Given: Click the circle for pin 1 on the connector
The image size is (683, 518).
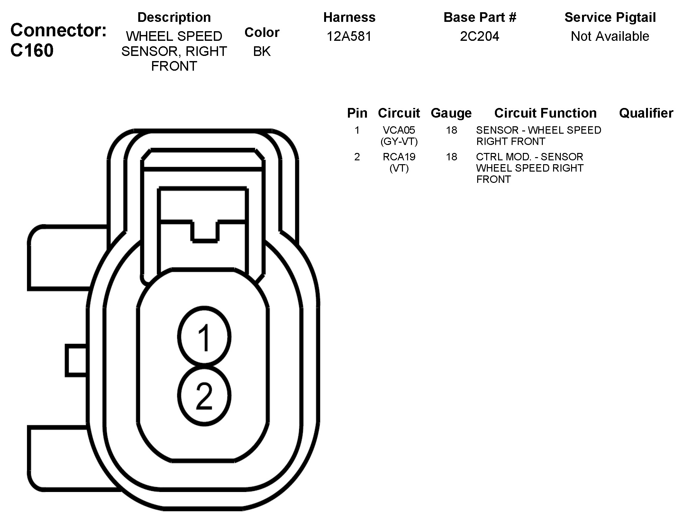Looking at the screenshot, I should click(x=204, y=337).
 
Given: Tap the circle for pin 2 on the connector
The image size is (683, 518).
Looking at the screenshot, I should click(x=204, y=396).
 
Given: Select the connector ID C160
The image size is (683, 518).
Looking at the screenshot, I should click(x=32, y=50).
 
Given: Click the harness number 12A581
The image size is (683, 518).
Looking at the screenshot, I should click(x=349, y=36).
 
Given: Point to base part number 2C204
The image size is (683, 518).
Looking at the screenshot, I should click(x=479, y=36).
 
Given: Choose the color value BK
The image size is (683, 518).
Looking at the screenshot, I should click(x=262, y=51).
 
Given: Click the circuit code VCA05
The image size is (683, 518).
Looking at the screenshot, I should click(x=399, y=130).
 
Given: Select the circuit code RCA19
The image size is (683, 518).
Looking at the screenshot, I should click(x=399, y=157).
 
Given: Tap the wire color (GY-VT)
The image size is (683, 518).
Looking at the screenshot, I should click(x=399, y=141).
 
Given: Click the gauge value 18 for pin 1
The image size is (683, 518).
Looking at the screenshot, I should click(x=451, y=130).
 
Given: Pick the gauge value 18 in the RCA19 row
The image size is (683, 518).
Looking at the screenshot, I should click(x=451, y=157).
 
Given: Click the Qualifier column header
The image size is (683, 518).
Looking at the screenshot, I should click(x=646, y=113).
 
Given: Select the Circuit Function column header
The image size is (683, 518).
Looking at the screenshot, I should click(x=545, y=113).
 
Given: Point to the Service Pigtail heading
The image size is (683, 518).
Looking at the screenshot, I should click(x=610, y=17).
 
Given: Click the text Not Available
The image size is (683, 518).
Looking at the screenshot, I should click(x=610, y=36).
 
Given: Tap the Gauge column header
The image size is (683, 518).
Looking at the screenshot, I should click(x=451, y=113).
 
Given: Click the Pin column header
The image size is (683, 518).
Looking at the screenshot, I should click(x=357, y=113).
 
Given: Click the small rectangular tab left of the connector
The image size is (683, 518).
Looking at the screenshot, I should click(x=76, y=360).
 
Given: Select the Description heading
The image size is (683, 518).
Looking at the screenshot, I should click(x=174, y=17).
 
